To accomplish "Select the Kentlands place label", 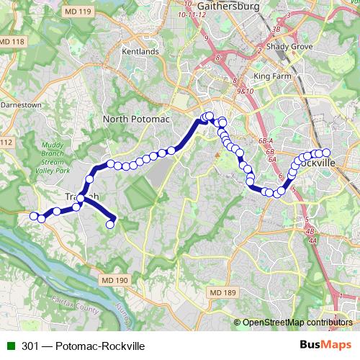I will (140, 52).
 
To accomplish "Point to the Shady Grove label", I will (287, 46).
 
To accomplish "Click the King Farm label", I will (272, 75).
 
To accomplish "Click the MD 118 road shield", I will (12, 42).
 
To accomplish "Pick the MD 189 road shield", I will (223, 292).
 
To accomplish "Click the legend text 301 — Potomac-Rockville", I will (83, 346).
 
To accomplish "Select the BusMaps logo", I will (325, 346).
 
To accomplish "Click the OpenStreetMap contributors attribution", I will (297, 323).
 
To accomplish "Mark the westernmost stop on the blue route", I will (33, 216).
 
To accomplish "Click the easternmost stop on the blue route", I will (325, 152).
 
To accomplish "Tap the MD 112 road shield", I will (6, 143).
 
